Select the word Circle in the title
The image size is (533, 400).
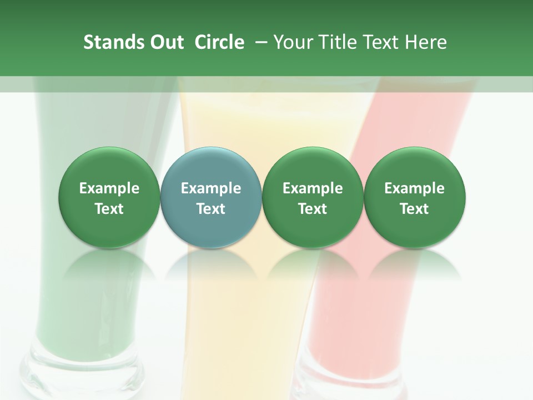tap(219, 42)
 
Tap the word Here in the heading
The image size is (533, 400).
tap(426, 42)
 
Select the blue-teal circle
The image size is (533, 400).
tap(211, 198)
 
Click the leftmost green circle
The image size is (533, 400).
tap(109, 198)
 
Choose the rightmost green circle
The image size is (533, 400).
tap(415, 198)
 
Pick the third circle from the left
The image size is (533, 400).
tap(313, 198)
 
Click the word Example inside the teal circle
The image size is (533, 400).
tap(211, 188)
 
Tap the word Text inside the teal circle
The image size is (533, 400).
tap(211, 209)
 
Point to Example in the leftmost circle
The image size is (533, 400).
tap(109, 188)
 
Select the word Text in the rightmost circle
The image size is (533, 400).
tap(415, 209)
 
